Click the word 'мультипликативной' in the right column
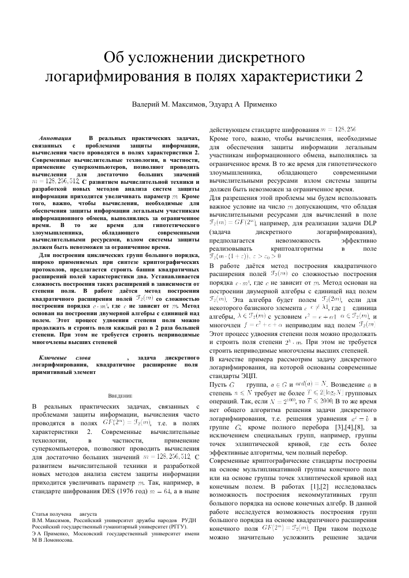tap(276, 445)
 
